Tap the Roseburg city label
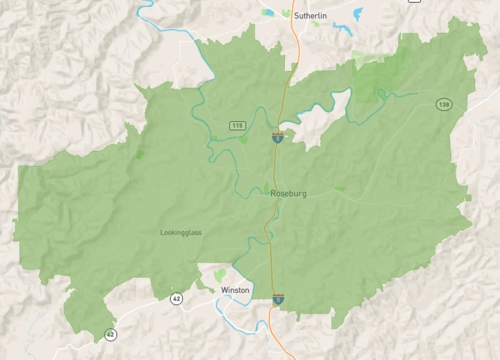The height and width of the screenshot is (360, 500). [x=288, y=192]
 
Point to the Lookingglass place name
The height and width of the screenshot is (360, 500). [x=181, y=232]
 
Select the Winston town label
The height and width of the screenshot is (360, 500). [x=235, y=290]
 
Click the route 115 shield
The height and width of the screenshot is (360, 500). [x=237, y=125]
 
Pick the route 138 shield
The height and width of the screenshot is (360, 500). [x=442, y=104]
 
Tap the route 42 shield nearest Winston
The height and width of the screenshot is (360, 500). [x=176, y=298]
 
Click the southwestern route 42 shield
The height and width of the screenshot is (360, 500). [x=110, y=334]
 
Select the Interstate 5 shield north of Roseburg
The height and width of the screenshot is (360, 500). [x=276, y=138]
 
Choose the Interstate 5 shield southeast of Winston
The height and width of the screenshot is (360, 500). [x=278, y=298]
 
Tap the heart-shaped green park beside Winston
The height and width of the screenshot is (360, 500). [x=220, y=274]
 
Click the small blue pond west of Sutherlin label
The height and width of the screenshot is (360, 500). [x=267, y=13]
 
